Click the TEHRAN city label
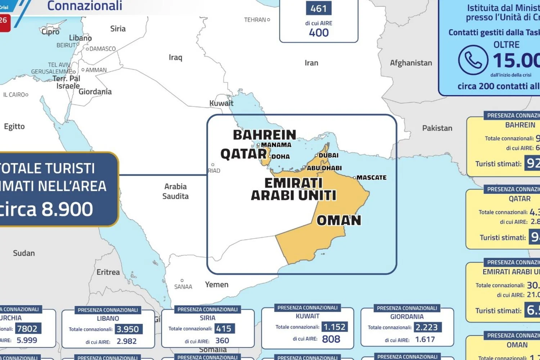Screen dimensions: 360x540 (x=255, y=20)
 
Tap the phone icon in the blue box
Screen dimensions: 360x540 (x=473, y=60)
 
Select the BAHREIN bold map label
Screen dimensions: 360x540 (x=264, y=135)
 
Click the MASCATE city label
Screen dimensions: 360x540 (x=371, y=177)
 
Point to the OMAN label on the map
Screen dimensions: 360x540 (x=339, y=220)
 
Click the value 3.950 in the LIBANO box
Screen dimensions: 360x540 (x=128, y=329)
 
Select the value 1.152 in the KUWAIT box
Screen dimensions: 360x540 (x=334, y=327)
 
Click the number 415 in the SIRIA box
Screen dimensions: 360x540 (x=224, y=328)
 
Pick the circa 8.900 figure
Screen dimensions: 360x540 (x=47, y=209)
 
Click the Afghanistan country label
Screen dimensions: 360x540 (x=411, y=63)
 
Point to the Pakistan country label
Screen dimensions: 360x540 (x=437, y=128)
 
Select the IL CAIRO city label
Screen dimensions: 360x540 (x=14, y=95)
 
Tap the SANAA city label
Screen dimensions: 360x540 (x=183, y=287)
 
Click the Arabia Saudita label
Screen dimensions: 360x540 (x=175, y=191)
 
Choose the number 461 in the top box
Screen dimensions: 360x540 (x=319, y=8)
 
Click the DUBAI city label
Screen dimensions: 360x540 (x=328, y=155)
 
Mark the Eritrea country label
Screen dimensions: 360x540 (x=108, y=272)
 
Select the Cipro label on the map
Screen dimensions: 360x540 (x=50, y=32)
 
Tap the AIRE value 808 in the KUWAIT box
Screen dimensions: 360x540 (x=331, y=339)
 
